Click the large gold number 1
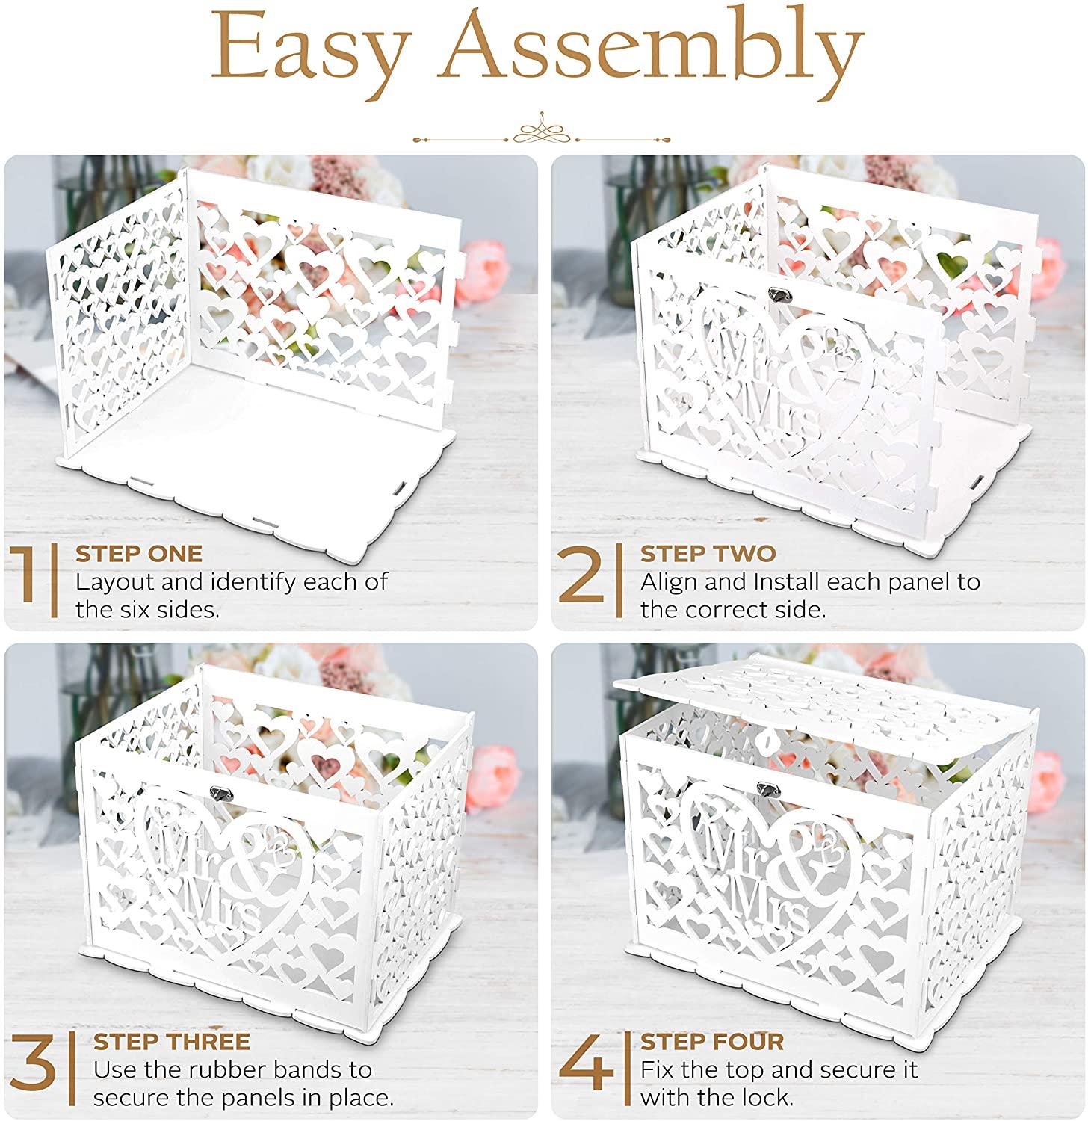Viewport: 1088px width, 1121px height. pos(28,584)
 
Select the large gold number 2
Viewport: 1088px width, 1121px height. pos(586,584)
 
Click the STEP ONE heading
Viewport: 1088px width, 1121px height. pos(139,554)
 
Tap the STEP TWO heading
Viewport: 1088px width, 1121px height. pos(708,554)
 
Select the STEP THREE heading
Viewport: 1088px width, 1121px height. pos(171,1042)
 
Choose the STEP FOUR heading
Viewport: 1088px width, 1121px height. pos(712,1042)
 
